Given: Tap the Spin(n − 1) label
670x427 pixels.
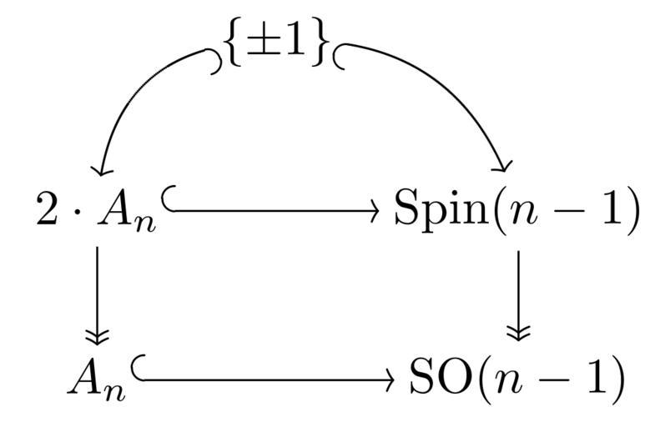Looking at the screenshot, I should click(x=516, y=212).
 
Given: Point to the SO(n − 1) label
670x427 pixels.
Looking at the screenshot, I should click(x=516, y=379).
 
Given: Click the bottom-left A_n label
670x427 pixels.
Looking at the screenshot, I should click(x=97, y=379).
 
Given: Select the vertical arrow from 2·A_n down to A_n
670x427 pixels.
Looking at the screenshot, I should click(x=98, y=292).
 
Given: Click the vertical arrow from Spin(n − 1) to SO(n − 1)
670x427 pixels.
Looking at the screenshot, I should click(x=518, y=292).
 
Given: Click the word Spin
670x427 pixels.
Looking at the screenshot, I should click(x=435, y=213).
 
